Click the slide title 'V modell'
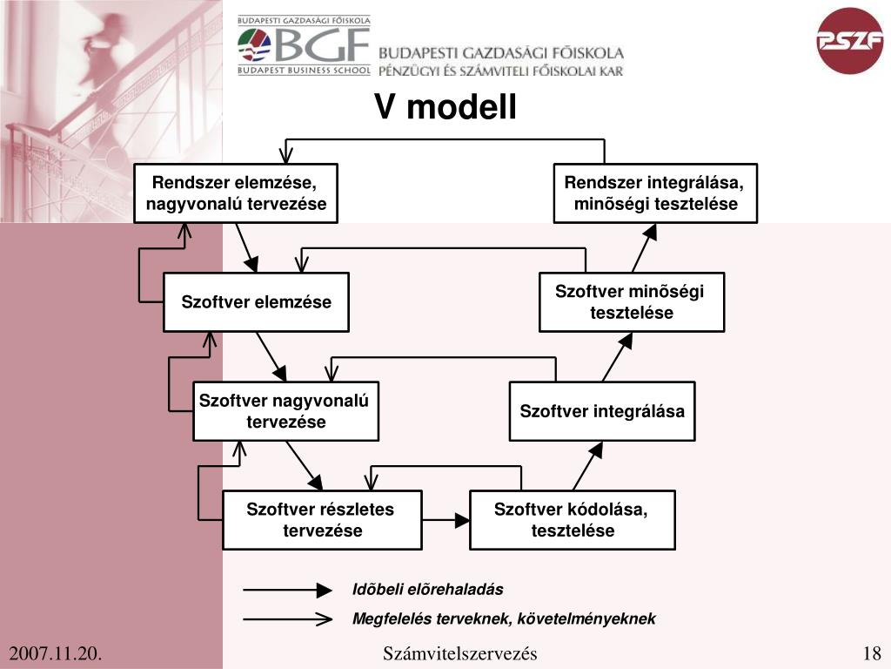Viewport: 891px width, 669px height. point(445,108)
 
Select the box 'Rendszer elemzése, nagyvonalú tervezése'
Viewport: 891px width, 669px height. point(236,193)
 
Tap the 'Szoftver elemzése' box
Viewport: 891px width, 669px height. point(256,302)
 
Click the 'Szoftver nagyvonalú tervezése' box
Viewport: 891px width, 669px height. point(285,411)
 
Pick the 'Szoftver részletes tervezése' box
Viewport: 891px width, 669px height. point(322,520)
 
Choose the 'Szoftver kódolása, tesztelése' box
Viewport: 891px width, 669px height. point(572,520)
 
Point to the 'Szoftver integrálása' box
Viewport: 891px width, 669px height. point(602,411)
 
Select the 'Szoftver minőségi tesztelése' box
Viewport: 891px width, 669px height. point(631,302)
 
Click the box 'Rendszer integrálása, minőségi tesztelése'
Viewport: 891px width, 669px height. point(655,193)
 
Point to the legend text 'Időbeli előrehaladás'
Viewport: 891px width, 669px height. point(427,590)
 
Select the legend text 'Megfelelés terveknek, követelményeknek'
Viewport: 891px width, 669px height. point(503,619)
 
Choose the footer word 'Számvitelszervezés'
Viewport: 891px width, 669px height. point(459,654)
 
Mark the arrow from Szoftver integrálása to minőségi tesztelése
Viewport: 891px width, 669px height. point(619,357)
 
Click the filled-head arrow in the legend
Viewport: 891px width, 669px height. point(288,590)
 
